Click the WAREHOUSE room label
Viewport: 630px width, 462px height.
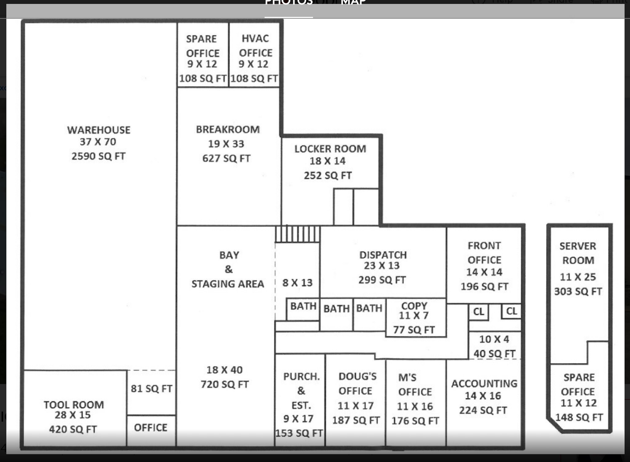pyautogui.click(x=99, y=130)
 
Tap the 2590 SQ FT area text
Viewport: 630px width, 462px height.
pyautogui.click(x=98, y=156)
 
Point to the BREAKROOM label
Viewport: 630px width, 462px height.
pyautogui.click(x=228, y=129)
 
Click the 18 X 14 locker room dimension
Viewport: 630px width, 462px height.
pyautogui.click(x=327, y=161)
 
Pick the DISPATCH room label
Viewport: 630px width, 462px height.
pyautogui.click(x=383, y=255)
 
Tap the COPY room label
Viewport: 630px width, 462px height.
pyautogui.click(x=414, y=306)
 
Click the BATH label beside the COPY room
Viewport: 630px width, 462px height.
pyautogui.click(x=369, y=308)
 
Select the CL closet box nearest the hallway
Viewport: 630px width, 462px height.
pyautogui.click(x=478, y=312)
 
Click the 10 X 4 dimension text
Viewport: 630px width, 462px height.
pyautogui.click(x=494, y=339)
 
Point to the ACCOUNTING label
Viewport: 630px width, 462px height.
pyautogui.click(x=484, y=384)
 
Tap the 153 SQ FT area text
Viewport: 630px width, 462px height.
pyautogui.click(x=299, y=433)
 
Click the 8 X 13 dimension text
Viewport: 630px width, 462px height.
pyautogui.click(x=297, y=283)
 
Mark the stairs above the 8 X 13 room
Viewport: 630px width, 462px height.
pyautogui.click(x=297, y=234)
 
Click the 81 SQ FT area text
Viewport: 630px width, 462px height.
pyautogui.click(x=151, y=388)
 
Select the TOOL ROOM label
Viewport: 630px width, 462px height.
pyautogui.click(x=74, y=404)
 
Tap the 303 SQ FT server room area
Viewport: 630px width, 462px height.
pyautogui.click(x=578, y=291)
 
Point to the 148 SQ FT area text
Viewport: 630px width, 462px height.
pyautogui.click(x=579, y=417)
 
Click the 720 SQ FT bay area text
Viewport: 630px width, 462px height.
pyautogui.click(x=225, y=384)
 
